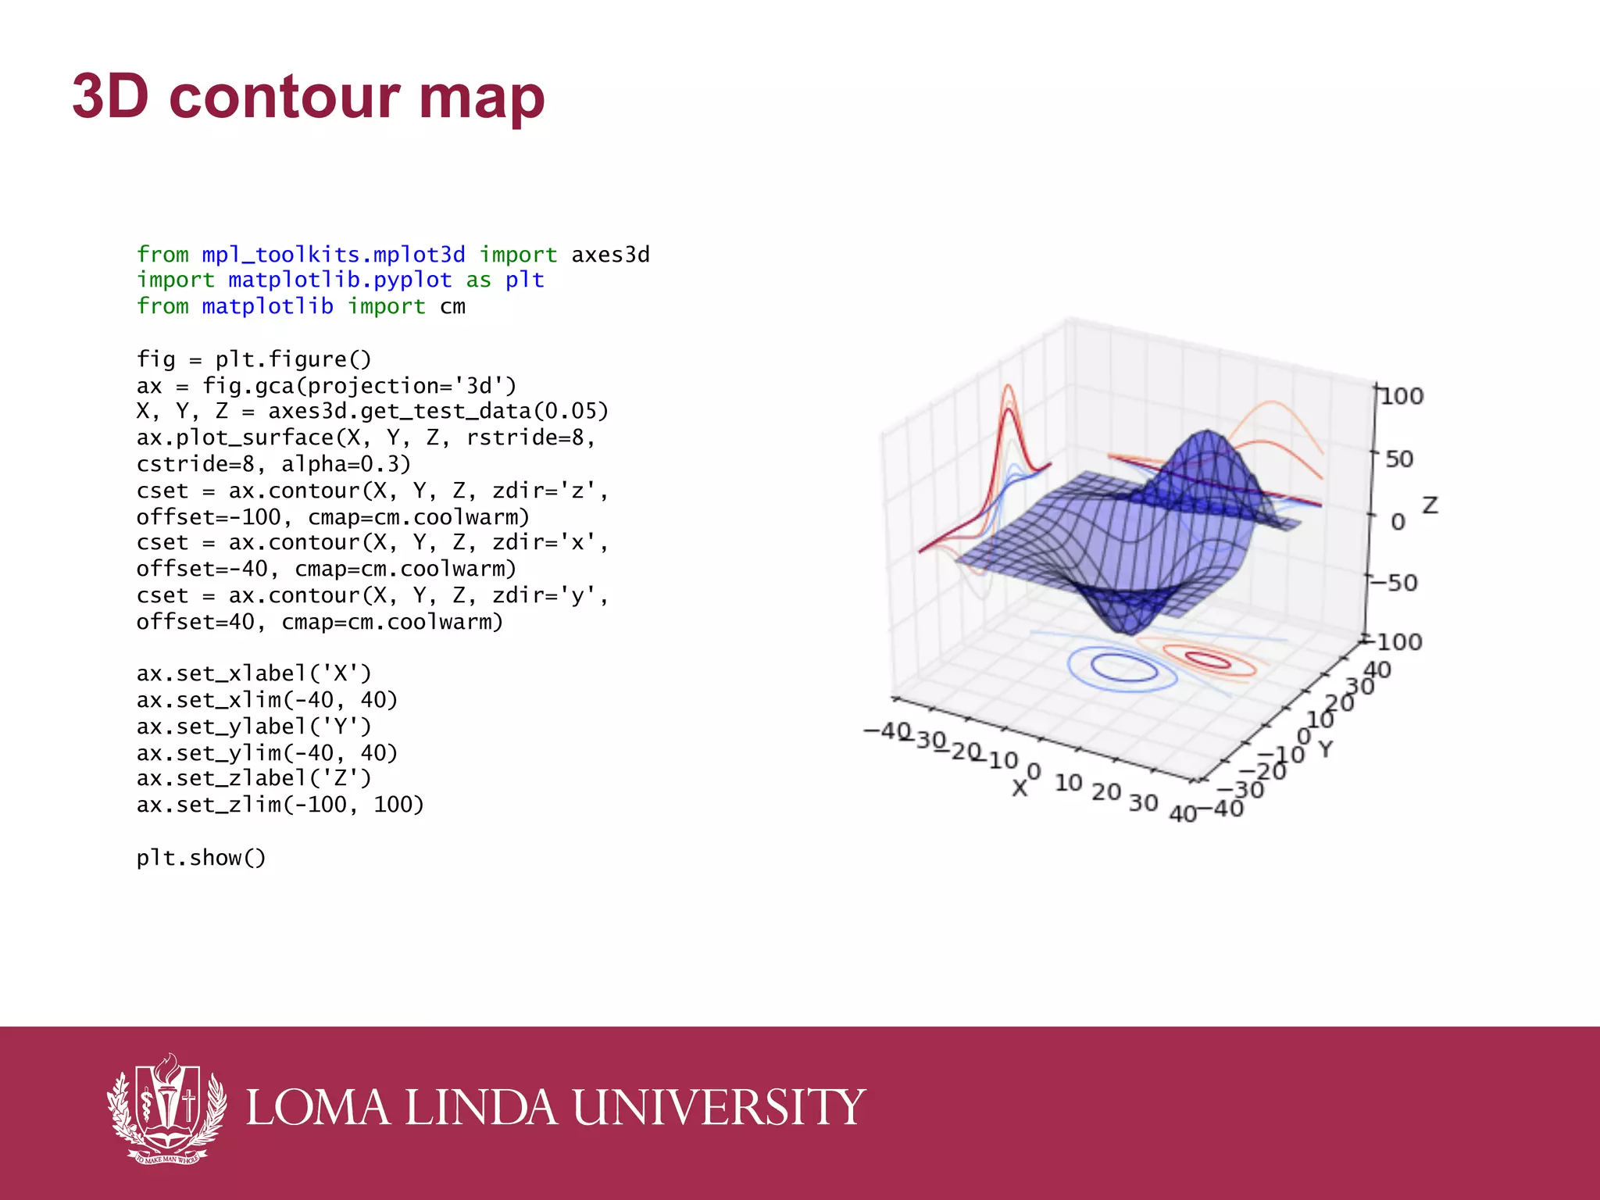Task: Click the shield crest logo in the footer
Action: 166,1108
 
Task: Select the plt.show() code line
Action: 201,858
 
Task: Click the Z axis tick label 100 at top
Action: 1402,396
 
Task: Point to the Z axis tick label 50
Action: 1398,459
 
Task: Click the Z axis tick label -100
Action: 1394,642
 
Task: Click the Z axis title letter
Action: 1430,505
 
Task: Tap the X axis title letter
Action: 1019,788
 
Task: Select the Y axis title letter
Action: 1326,749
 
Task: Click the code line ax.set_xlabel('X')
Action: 254,673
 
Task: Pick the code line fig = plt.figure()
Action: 254,359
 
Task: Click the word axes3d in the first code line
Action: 610,255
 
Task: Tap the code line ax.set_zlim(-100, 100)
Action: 280,805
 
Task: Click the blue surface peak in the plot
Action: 1207,437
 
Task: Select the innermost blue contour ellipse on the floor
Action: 1124,668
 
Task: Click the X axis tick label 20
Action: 1106,792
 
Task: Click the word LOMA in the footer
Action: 318,1107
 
